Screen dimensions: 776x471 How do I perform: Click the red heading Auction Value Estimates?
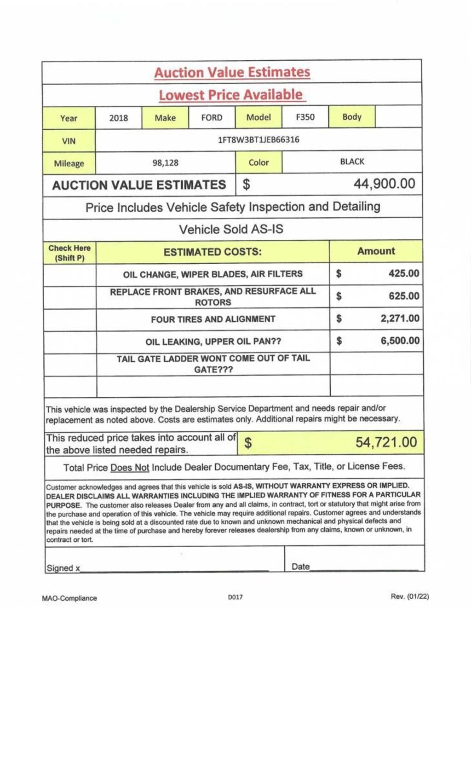click(x=232, y=72)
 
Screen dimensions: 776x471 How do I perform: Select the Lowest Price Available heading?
click(x=231, y=95)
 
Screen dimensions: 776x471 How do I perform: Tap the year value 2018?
click(x=119, y=118)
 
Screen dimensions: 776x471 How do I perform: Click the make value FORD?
click(x=212, y=117)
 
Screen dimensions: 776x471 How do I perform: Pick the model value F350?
click(x=305, y=117)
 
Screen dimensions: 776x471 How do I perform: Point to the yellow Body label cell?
click(x=352, y=116)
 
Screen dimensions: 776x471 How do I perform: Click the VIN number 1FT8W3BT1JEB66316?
click(x=258, y=139)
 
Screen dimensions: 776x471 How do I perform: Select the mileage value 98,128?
click(x=166, y=162)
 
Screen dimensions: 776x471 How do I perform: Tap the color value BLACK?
click(x=352, y=162)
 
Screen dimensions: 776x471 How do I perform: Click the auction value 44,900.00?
click(x=384, y=184)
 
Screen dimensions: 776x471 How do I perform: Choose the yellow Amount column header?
click(x=376, y=251)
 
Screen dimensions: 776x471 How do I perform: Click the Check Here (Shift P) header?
click(x=69, y=253)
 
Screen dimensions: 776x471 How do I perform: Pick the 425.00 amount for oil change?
click(x=404, y=273)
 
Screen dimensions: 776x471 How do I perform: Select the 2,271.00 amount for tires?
click(x=400, y=319)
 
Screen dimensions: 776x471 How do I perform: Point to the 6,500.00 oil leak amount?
click(x=400, y=341)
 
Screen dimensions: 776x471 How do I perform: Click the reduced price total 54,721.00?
click(x=386, y=442)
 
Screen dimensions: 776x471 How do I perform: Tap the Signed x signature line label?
click(x=63, y=568)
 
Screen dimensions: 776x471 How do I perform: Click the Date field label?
click(x=301, y=567)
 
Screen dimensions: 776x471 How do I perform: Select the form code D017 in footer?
click(x=235, y=597)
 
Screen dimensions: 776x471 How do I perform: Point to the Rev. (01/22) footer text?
click(x=410, y=596)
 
